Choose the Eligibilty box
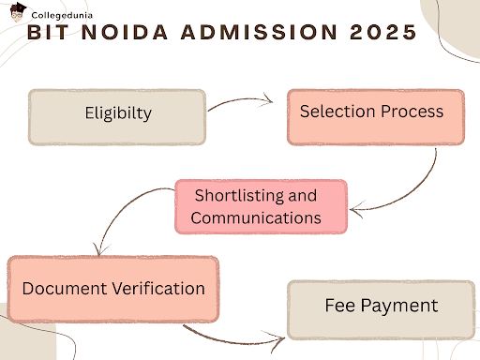(117, 116)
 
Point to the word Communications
(257, 217)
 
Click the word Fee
(339, 306)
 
